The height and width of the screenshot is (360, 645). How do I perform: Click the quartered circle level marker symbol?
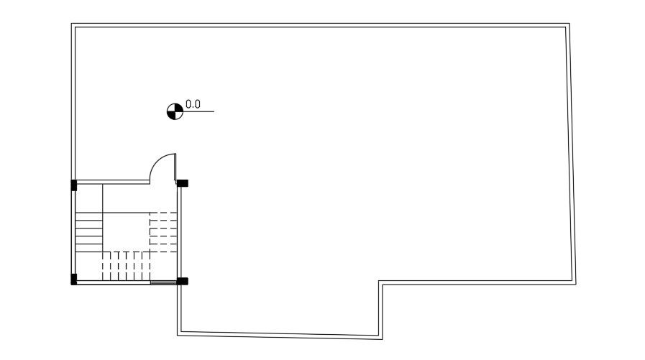pyautogui.click(x=174, y=111)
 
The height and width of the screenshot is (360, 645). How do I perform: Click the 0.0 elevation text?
pyautogui.click(x=193, y=104)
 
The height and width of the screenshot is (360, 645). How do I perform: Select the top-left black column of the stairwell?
pyautogui.click(x=73, y=185)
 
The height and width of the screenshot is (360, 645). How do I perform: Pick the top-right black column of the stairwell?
pyautogui.click(x=183, y=183)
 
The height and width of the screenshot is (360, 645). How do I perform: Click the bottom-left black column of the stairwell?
pyautogui.click(x=73, y=279)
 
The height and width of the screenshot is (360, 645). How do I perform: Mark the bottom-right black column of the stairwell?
pyautogui.click(x=183, y=281)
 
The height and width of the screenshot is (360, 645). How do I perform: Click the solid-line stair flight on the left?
pyautogui.click(x=89, y=230)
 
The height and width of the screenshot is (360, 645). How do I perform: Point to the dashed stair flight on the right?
pyautogui.click(x=163, y=230)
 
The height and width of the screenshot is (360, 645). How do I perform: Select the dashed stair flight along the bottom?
pyautogui.click(x=126, y=266)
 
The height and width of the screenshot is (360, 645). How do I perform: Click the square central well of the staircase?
pyautogui.click(x=126, y=231)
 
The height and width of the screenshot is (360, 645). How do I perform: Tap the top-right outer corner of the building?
pyautogui.click(x=569, y=24)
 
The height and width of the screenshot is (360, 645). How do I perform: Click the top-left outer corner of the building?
pyautogui.click(x=72, y=24)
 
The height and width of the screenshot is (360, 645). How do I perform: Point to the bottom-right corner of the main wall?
pyautogui.click(x=574, y=283)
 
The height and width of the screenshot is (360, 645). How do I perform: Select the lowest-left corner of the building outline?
pyautogui.click(x=178, y=334)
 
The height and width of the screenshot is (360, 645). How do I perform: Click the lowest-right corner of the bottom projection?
pyautogui.click(x=381, y=338)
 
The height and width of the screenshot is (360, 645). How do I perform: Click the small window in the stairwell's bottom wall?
pyautogui.click(x=164, y=283)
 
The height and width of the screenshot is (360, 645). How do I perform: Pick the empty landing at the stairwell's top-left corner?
pyautogui.click(x=89, y=198)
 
